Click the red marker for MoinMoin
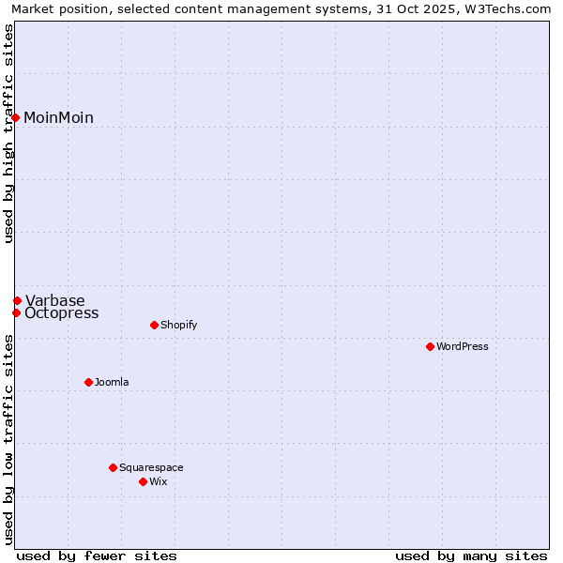click(x=16, y=117)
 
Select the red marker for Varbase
click(x=17, y=300)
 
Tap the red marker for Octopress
click(x=16, y=312)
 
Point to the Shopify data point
click(x=154, y=325)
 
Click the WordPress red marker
click(x=430, y=346)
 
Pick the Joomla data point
click(x=88, y=382)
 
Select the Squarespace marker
click(x=113, y=467)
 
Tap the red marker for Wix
click(x=143, y=481)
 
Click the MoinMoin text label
click(x=58, y=117)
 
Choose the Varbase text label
click(x=54, y=300)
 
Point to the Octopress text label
click(x=61, y=313)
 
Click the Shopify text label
click(x=178, y=325)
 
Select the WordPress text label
click(x=463, y=346)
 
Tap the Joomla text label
click(x=112, y=382)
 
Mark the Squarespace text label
click(x=151, y=467)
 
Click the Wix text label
click(x=158, y=481)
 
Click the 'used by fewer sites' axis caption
click(x=97, y=555)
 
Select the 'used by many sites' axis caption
click(x=471, y=555)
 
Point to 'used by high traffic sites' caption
click(x=8, y=133)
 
